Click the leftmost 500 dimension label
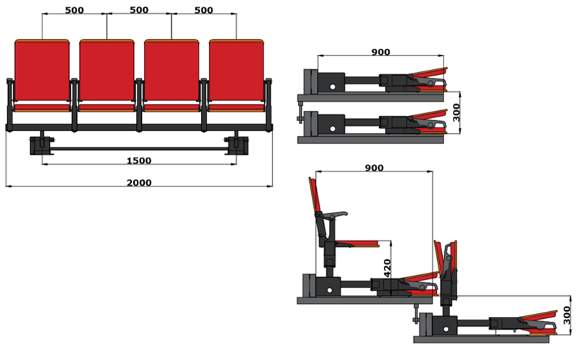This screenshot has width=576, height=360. [x=74, y=10]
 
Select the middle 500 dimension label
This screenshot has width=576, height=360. [x=139, y=10]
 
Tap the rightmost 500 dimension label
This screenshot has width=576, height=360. [x=204, y=10]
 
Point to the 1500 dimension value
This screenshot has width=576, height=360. [x=139, y=161]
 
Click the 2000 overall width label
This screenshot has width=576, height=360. [x=139, y=183]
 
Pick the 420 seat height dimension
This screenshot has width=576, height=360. [x=387, y=268]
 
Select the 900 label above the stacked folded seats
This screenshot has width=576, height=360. [x=381, y=52]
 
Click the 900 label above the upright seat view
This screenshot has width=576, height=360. [x=374, y=168]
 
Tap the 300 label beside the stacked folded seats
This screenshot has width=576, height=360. [x=456, y=112]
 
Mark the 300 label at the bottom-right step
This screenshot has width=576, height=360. [x=567, y=315]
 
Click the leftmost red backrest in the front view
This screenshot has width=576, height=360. [x=42, y=70]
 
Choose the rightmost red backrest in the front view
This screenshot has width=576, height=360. [x=236, y=70]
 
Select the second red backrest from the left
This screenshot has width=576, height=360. [x=107, y=70]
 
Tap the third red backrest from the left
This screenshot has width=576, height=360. [x=171, y=70]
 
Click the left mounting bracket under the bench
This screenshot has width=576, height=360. [x=42, y=145]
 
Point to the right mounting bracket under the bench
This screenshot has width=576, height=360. [x=237, y=145]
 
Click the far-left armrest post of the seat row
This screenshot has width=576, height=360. [x=10, y=104]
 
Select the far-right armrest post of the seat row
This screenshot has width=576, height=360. [x=269, y=104]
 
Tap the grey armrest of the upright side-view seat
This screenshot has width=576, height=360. [x=333, y=215]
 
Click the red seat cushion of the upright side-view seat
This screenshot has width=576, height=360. [x=357, y=243]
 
